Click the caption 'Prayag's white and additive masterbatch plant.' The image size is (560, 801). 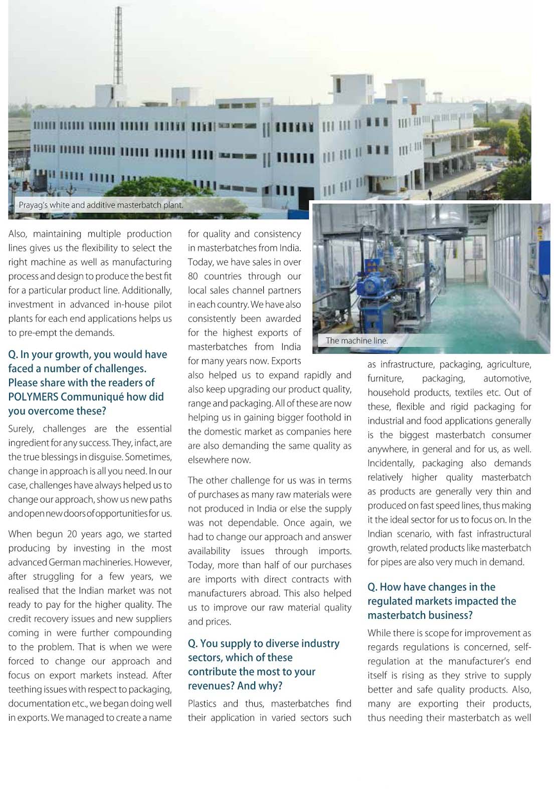(101, 205)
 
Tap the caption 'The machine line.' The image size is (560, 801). (356, 340)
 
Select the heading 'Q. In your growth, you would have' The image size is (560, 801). (87, 354)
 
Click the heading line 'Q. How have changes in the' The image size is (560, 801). (431, 587)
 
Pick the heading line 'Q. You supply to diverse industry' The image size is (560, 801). (263, 643)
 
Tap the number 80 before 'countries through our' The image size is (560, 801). (194, 276)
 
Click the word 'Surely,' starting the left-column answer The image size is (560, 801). (22, 429)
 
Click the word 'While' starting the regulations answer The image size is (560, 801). (379, 633)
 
